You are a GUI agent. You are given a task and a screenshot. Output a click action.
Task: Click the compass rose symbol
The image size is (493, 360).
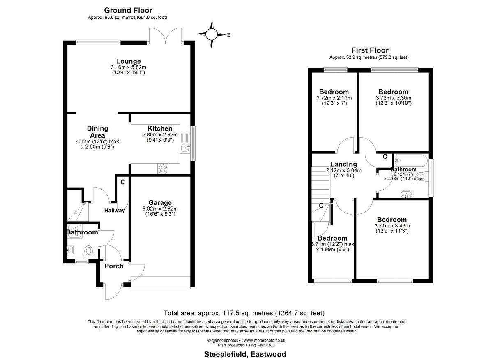[x=212, y=34]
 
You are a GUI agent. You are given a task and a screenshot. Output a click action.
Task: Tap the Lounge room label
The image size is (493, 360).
[x=128, y=62]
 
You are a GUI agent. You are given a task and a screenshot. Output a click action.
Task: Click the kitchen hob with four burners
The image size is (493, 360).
[x=162, y=168]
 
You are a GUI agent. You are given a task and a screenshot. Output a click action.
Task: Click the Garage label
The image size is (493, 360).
[x=160, y=202]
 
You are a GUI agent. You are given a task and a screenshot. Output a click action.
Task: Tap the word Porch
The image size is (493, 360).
[x=114, y=266]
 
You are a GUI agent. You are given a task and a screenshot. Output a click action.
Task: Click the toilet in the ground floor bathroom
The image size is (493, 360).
[x=88, y=250]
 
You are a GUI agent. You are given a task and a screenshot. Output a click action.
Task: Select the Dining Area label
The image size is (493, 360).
[x=97, y=132]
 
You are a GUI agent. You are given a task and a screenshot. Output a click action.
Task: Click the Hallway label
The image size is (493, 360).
[x=114, y=211]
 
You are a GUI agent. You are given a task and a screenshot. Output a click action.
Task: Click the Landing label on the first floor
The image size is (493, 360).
[x=344, y=164]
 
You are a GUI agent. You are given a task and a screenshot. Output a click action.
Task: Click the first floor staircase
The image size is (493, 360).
[x=321, y=181]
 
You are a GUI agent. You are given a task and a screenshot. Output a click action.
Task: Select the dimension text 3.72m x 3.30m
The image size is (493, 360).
[x=393, y=98]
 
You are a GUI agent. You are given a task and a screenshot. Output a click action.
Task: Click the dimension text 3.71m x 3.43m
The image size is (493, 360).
[x=392, y=226]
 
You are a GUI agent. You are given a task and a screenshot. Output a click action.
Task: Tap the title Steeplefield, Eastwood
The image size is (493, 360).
[x=245, y=354]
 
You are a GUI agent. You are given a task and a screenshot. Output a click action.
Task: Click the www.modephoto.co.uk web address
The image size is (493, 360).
[x=261, y=340]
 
